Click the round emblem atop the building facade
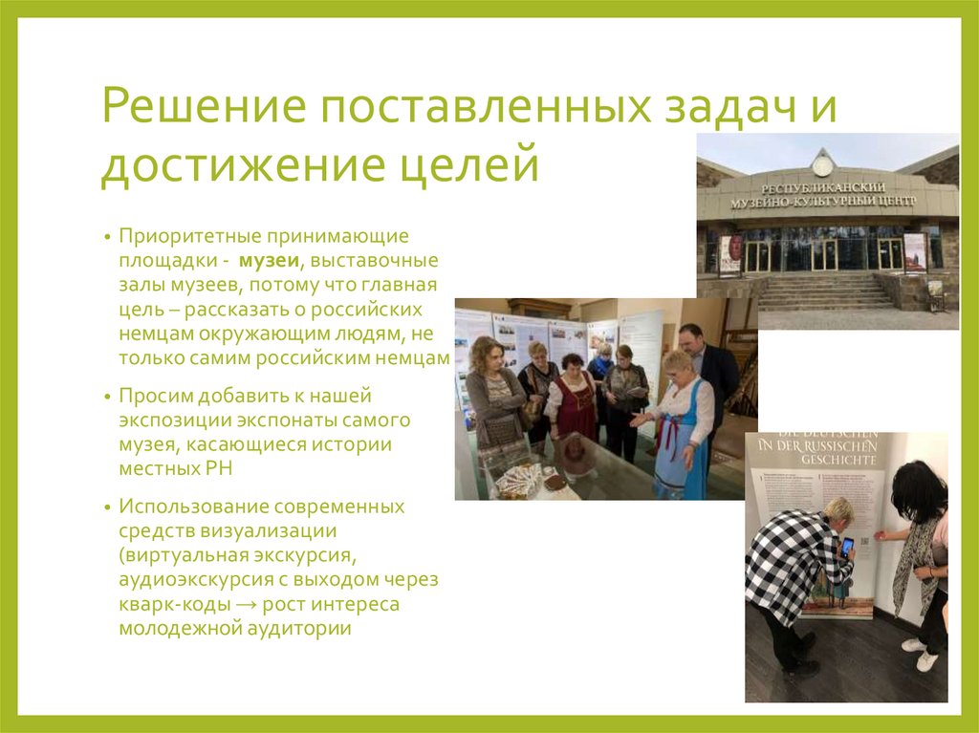pyautogui.click(x=821, y=163)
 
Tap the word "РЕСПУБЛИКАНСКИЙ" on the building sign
pyautogui.click(x=824, y=187)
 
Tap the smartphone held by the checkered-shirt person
pyautogui.click(x=846, y=548)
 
